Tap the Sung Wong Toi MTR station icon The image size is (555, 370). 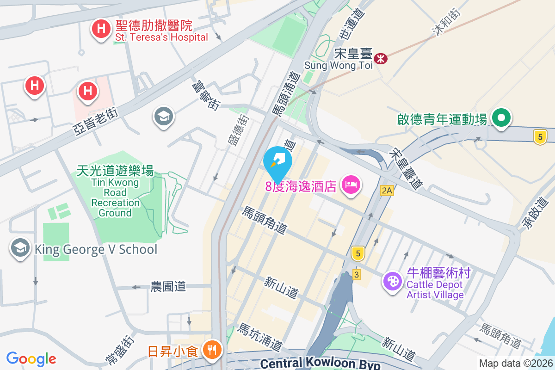pyautogui.click(x=381, y=59)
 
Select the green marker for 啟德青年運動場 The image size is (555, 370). pyautogui.click(x=500, y=117)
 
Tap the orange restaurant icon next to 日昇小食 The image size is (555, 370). pyautogui.click(x=212, y=350)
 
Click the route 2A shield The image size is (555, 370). pyautogui.click(x=387, y=191)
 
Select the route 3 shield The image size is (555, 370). pyautogui.click(x=356, y=274)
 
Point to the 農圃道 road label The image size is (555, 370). pyautogui.click(x=168, y=287)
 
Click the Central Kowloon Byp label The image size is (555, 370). pyautogui.click(x=320, y=364)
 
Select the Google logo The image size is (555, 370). pyautogui.click(x=31, y=358)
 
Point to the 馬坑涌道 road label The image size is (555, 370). pyautogui.click(x=260, y=337)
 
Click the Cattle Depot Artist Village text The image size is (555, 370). pyautogui.click(x=435, y=290)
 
